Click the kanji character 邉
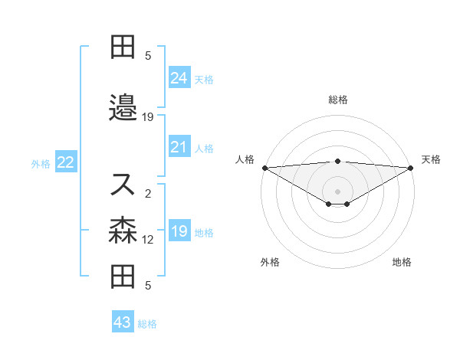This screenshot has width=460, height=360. (123, 108)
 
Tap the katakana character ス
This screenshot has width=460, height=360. (123, 184)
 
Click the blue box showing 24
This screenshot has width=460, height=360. (179, 77)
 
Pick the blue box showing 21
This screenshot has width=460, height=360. (179, 147)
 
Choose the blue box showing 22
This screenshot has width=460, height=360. (65, 162)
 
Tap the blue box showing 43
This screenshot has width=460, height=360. (123, 322)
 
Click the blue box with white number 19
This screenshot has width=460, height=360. (179, 232)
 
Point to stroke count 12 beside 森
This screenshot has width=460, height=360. (148, 240)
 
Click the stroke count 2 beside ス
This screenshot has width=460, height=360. (148, 193)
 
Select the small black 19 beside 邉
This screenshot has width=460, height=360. (148, 117)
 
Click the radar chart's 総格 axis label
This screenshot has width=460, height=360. (337, 100)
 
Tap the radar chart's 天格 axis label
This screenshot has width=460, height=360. (431, 159)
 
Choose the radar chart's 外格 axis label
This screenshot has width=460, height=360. (270, 263)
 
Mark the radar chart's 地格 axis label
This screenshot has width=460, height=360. (402, 263)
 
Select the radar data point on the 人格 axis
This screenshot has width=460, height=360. (264, 168)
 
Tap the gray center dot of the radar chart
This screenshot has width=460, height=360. (337, 191)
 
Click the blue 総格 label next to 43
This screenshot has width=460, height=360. (147, 324)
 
